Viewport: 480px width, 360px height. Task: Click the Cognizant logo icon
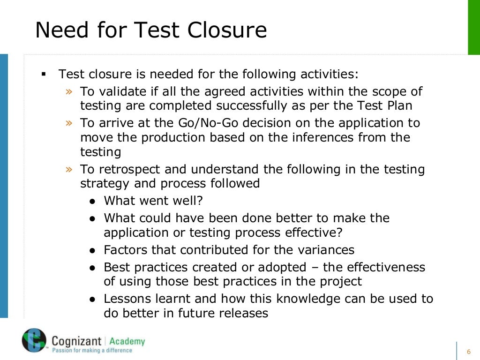tap(34, 340)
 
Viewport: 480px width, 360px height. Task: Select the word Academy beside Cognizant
tap(127, 341)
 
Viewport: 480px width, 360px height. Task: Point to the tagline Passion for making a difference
tap(92, 350)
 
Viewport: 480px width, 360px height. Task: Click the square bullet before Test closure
tap(44, 74)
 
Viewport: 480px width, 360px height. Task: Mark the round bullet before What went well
tap(94, 201)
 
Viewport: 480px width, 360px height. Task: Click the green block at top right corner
tap(473, 27)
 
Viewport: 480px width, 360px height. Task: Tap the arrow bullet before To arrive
tap(69, 123)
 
